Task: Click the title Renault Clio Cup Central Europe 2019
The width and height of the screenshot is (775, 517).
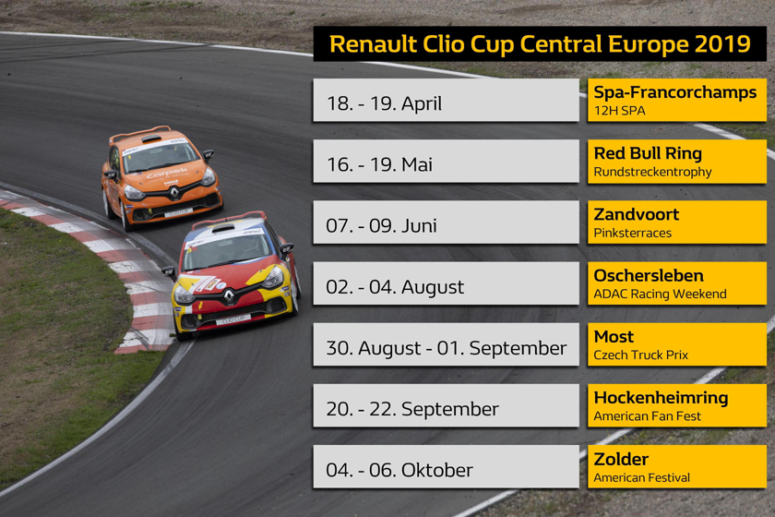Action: coord(540,44)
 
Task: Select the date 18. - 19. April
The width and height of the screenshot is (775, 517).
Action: coord(384,104)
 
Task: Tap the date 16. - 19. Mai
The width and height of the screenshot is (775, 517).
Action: coord(379,164)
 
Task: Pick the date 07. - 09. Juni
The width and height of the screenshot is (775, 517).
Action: coord(381,226)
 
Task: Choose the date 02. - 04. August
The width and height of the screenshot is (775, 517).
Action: coord(395,287)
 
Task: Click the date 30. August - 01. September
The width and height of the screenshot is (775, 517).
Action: coord(446,348)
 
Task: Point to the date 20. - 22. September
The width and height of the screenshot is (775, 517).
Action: coord(412,410)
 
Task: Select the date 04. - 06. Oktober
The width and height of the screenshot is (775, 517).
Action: coord(399,471)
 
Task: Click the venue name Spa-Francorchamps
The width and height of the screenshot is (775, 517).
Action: coord(674,92)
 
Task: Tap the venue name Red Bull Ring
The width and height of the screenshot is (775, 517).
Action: coord(648,153)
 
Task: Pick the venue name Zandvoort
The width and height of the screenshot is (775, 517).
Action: coord(636,214)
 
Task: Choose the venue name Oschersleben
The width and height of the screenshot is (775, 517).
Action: coord(649,275)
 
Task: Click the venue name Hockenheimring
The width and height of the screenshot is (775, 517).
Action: coord(661,398)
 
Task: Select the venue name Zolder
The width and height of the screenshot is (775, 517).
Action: coord(621,459)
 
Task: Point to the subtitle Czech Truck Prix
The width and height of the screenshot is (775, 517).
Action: coord(640,355)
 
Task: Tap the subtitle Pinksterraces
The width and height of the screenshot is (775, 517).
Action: coord(632,233)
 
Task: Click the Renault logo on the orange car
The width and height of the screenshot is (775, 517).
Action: coord(174,193)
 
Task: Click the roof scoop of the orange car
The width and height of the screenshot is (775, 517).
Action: coord(151,139)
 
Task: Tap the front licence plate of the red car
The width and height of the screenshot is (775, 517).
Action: coord(233,320)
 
